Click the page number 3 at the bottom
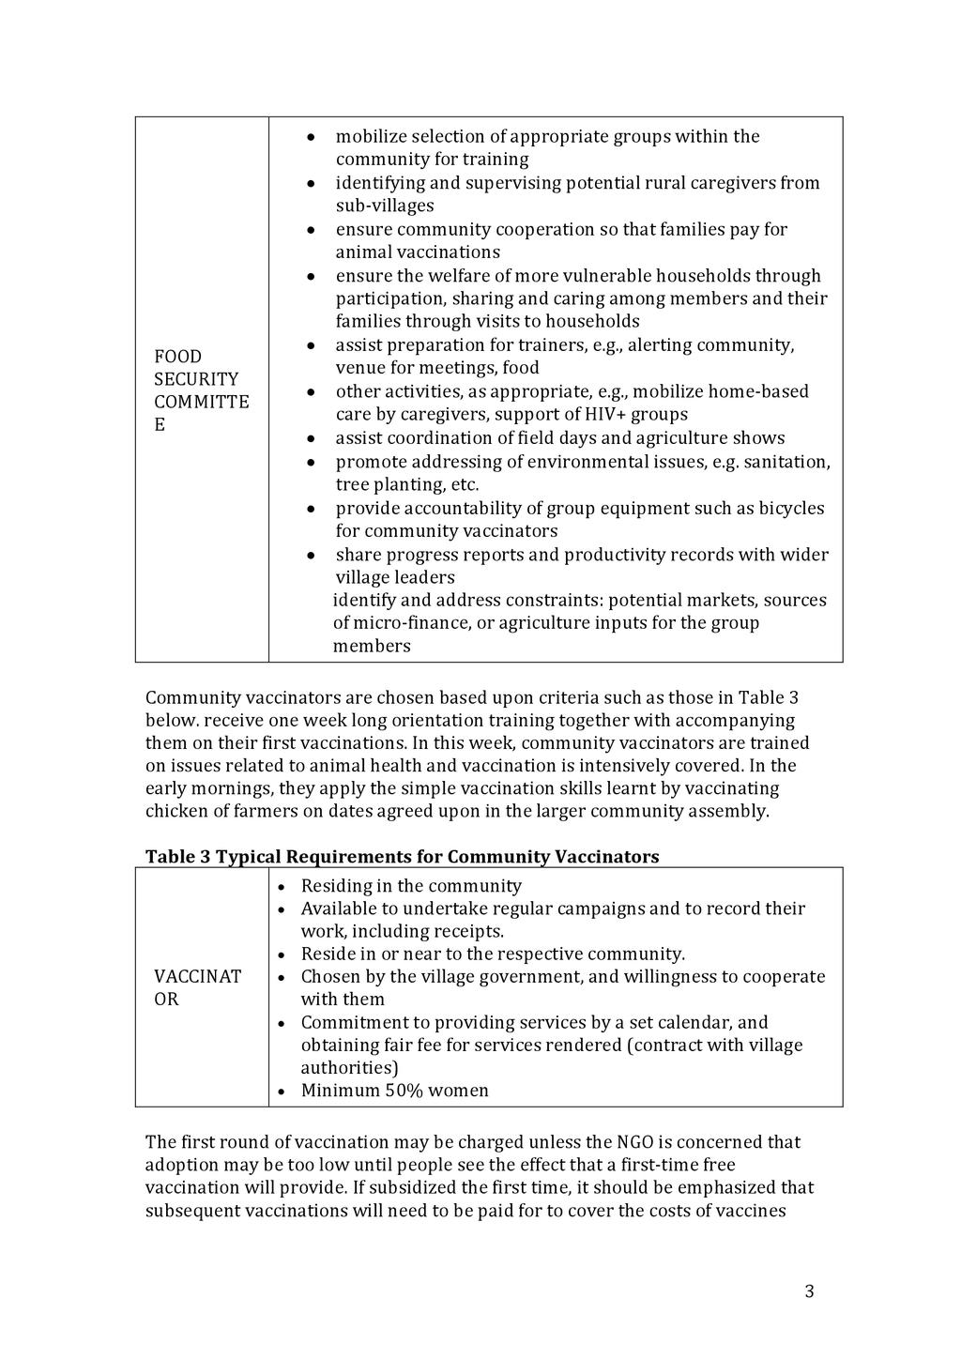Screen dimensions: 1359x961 (809, 1292)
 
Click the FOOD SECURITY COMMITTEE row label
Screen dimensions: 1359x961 (201, 390)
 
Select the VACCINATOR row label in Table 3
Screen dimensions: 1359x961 (197, 987)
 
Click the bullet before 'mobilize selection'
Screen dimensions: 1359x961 (311, 138)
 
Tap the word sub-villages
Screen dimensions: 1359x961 (385, 206)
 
